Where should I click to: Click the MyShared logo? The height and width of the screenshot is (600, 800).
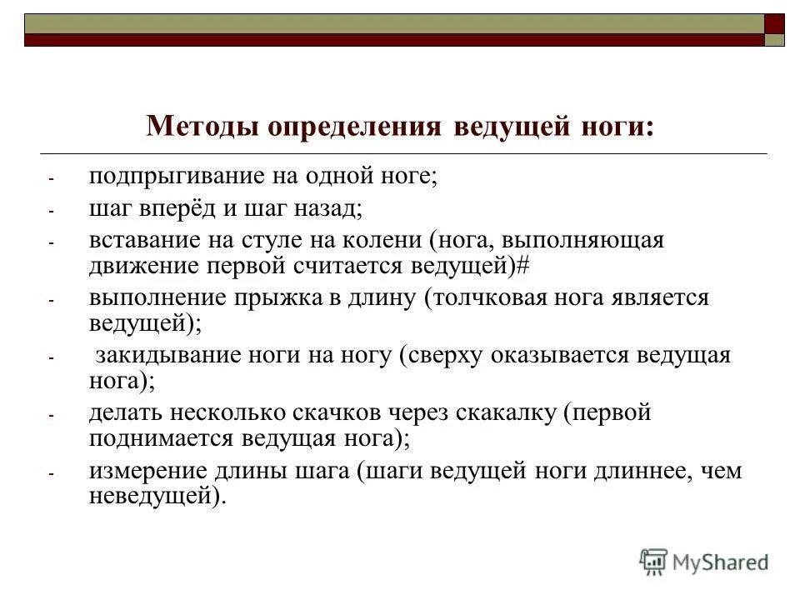coord(704,562)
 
